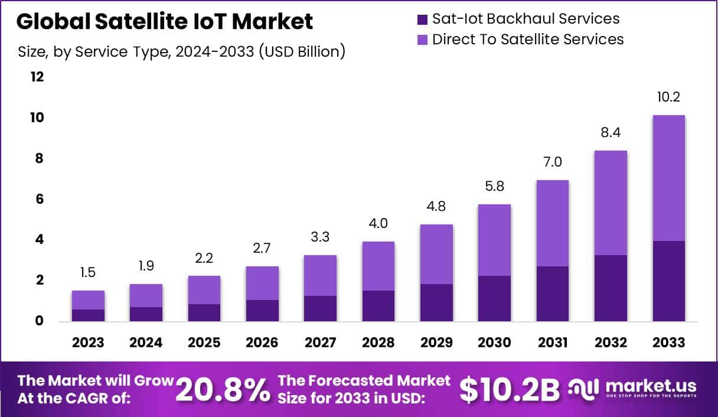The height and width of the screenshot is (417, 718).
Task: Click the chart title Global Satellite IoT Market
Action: coord(165,21)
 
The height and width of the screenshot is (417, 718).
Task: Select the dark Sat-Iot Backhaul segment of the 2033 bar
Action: coord(669,281)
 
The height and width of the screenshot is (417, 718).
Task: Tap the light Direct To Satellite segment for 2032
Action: coord(611,203)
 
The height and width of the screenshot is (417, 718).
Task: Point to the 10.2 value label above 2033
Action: coord(669,97)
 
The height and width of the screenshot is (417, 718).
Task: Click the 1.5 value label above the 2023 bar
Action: coord(88,273)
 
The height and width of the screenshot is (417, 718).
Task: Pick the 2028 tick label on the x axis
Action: coord(378,343)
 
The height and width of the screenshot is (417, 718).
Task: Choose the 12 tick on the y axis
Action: coord(37,77)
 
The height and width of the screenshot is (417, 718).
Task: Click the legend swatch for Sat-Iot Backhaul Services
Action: coord(422,19)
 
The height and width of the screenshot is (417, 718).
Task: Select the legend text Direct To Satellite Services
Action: coord(528,40)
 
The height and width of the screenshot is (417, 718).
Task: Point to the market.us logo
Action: coord(632,389)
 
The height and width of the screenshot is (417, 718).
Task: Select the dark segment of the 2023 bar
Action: coord(88,315)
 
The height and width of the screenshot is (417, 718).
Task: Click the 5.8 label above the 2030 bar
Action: coord(494,187)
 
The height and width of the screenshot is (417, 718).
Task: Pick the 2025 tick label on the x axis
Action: coord(204,343)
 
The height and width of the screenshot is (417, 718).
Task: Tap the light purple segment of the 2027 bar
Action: coord(320,275)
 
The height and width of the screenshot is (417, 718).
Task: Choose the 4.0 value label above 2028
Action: coord(378,224)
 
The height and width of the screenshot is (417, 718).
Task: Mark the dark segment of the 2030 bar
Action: coord(494,298)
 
